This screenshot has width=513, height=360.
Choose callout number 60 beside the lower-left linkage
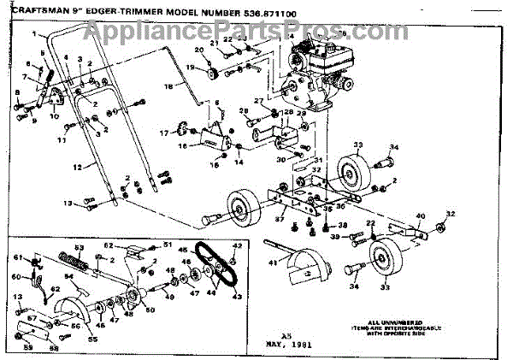[15, 277]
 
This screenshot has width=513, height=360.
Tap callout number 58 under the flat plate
[57, 348]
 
